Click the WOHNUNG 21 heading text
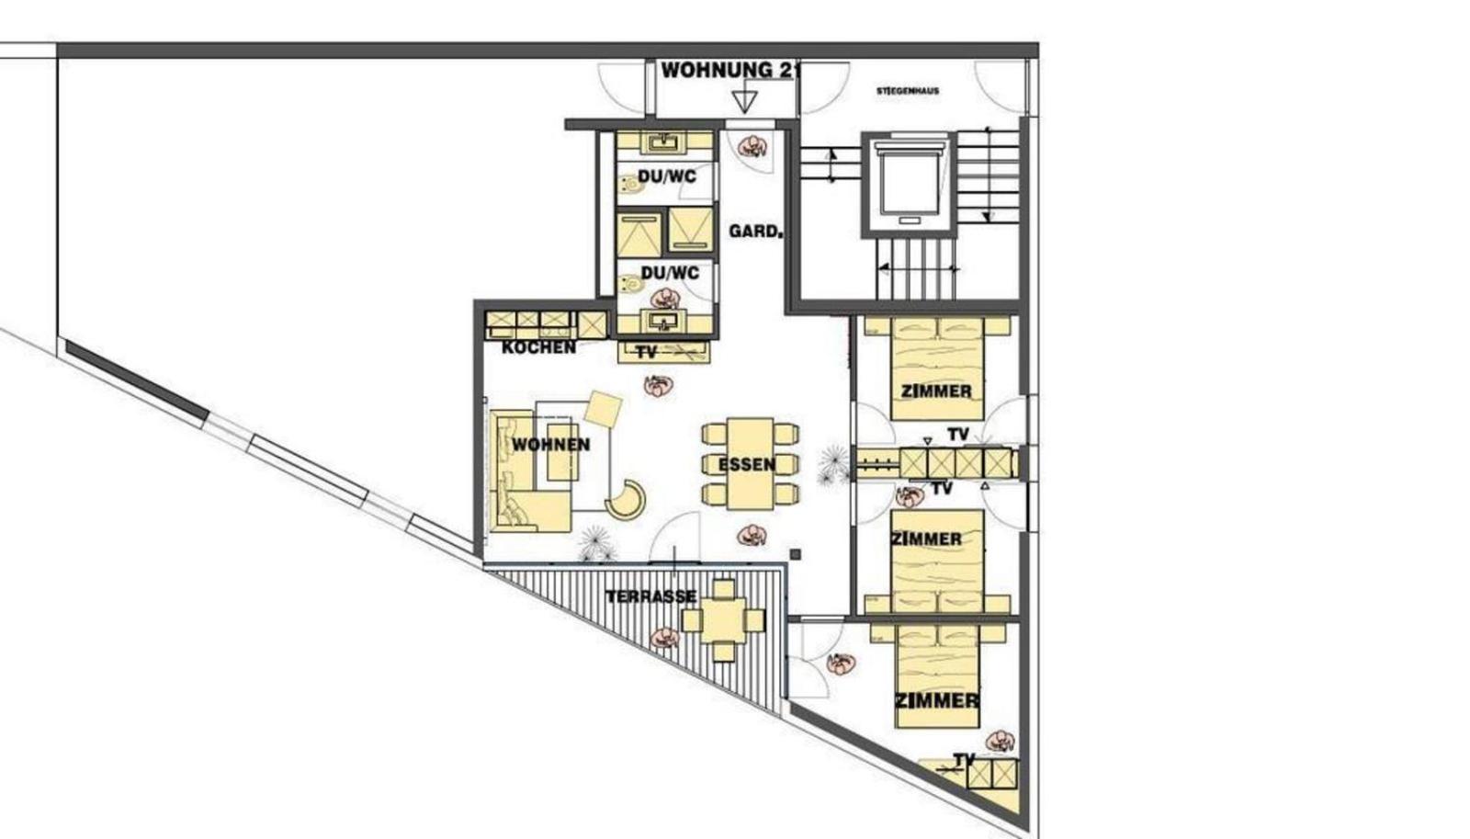pyautogui.click(x=729, y=70)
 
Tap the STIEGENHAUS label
pyautogui.click(x=908, y=91)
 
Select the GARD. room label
pyautogui.click(x=755, y=231)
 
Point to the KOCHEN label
pyautogui.click(x=538, y=347)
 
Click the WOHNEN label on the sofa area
pyautogui.click(x=550, y=445)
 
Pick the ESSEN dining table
pyautogui.click(x=750, y=464)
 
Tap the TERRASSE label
pyautogui.click(x=650, y=596)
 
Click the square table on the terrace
pyautogui.click(x=723, y=620)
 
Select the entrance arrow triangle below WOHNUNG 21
pyautogui.click(x=745, y=101)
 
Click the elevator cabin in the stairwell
pyautogui.click(x=909, y=185)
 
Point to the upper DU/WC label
pyautogui.click(x=667, y=177)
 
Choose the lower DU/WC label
pyautogui.click(x=670, y=272)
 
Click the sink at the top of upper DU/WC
pyautogui.click(x=664, y=143)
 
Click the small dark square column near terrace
pyautogui.click(x=796, y=555)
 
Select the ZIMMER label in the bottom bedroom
pyautogui.click(x=936, y=701)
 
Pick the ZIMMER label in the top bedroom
pyautogui.click(x=936, y=391)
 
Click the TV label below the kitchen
pyautogui.click(x=647, y=353)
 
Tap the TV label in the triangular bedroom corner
pyautogui.click(x=964, y=760)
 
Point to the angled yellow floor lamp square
pyautogui.click(x=603, y=409)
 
